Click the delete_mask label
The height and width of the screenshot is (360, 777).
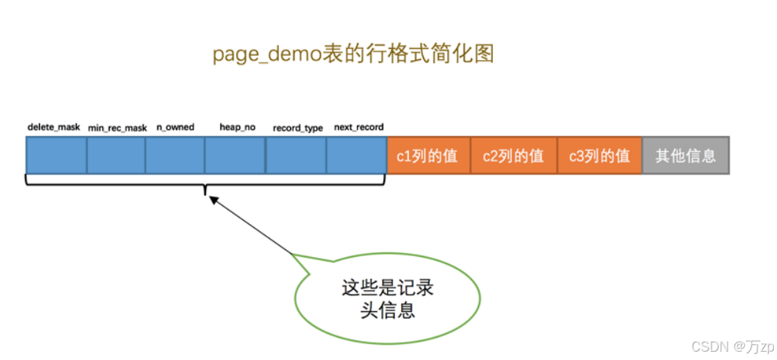tap(53, 127)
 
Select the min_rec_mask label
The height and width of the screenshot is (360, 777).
tap(117, 128)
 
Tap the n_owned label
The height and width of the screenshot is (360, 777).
tap(175, 127)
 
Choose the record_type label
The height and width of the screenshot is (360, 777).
tap(298, 128)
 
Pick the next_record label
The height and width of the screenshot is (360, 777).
tap(358, 127)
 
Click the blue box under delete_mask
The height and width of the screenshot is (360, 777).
tap(56, 156)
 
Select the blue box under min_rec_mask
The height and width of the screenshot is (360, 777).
tap(116, 156)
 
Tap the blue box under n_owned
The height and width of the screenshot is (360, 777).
tap(175, 156)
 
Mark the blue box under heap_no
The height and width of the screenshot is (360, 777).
tap(235, 156)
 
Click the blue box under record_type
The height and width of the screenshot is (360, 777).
tap(296, 156)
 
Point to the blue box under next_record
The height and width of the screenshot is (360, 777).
tap(356, 156)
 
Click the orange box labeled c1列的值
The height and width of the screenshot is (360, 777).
tap(428, 156)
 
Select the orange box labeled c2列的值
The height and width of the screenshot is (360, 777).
tap(514, 156)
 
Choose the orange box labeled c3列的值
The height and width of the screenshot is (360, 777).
tap(600, 156)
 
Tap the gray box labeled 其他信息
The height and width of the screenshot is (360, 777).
tap(685, 156)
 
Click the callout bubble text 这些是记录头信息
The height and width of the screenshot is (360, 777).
tap(387, 298)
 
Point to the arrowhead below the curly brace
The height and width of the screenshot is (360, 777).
tap(212, 200)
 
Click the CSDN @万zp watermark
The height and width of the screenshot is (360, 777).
tap(733, 346)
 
